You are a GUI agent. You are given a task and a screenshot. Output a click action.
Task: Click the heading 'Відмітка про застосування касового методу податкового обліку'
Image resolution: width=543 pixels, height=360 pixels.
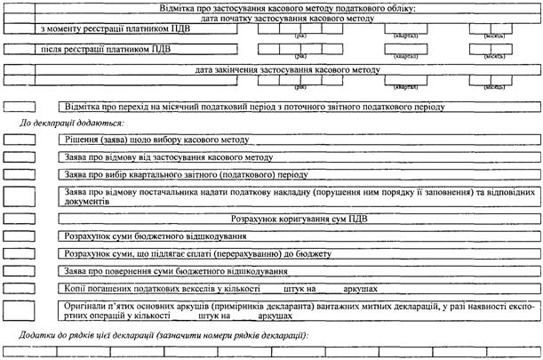click(x=286, y=7)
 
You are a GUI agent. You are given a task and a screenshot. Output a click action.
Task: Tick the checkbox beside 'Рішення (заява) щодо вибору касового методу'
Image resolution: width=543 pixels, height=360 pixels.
click(x=20, y=140)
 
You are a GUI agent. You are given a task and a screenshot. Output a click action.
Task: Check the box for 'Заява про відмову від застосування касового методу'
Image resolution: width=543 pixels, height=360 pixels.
click(x=20, y=157)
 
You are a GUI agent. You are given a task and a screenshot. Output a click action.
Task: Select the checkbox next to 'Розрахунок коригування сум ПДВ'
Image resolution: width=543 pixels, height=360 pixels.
click(x=20, y=218)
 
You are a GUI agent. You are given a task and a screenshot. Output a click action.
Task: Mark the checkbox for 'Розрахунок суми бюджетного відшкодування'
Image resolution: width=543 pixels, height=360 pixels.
click(x=20, y=236)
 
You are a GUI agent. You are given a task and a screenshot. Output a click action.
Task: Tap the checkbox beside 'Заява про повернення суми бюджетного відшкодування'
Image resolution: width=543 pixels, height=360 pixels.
click(x=20, y=271)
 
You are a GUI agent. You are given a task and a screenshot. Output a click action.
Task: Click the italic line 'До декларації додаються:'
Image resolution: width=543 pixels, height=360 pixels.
click(x=71, y=122)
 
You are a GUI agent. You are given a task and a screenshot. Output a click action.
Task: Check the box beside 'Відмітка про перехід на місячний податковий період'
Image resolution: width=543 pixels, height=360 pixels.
click(x=20, y=106)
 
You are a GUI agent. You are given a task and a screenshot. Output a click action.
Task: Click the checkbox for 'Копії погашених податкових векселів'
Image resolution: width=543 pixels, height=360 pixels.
click(x=20, y=289)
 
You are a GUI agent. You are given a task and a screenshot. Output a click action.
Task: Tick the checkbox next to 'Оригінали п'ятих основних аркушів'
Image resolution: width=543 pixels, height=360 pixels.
click(x=20, y=310)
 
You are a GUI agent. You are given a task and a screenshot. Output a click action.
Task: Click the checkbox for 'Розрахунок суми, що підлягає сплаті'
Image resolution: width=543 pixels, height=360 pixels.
click(x=20, y=253)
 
